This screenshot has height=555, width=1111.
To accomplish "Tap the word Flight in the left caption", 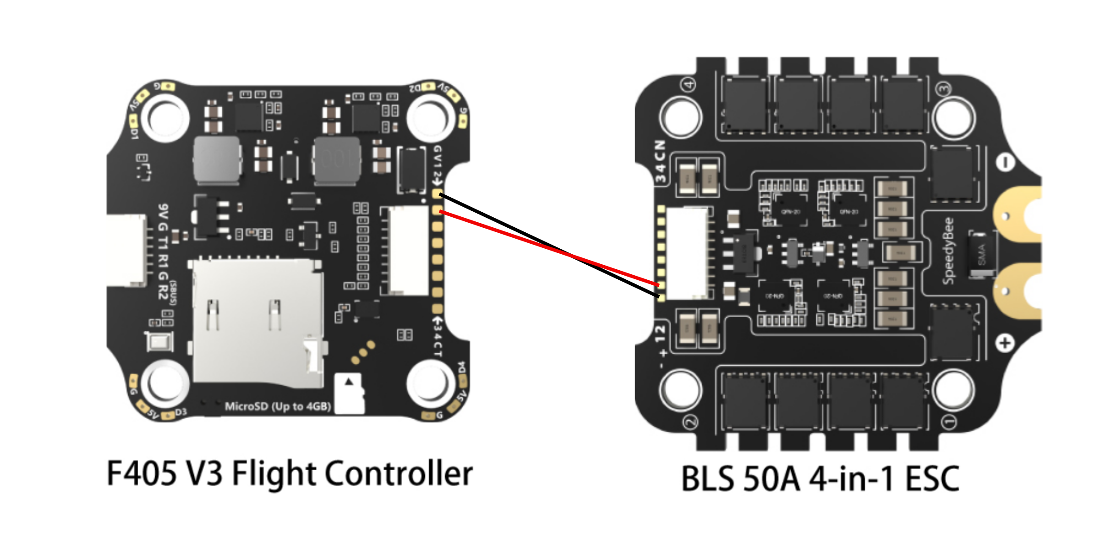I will pos(274,474).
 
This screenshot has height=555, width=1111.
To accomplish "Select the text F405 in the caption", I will pos(141,474).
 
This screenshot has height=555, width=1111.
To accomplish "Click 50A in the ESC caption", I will pos(772,479).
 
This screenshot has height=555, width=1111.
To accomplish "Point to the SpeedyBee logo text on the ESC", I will pos(949,251).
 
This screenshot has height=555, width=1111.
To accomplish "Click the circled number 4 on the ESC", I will pos(689,84).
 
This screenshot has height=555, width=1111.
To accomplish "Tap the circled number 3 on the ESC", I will pos(944,89).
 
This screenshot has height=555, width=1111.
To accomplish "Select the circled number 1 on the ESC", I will pos(949,422).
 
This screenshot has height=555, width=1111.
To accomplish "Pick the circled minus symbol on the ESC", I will pos(1005,162).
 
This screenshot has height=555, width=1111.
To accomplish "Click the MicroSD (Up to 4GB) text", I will pos(278,406).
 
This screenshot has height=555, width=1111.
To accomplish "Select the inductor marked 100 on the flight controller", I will pos(337,160).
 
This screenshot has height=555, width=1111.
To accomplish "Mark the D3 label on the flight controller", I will pos(181,412).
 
